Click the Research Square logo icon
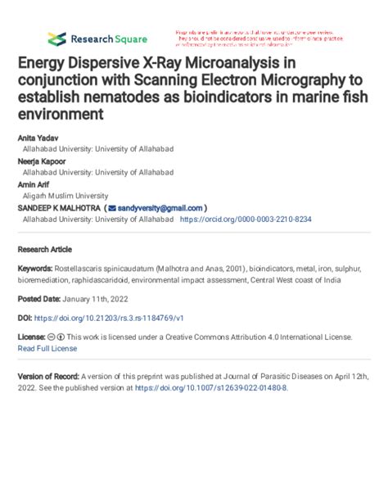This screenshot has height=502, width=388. tap(56, 38)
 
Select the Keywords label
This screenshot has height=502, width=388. tap(36, 269)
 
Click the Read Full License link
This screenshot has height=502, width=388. tap(47, 348)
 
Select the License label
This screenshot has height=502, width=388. tap(31, 337)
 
